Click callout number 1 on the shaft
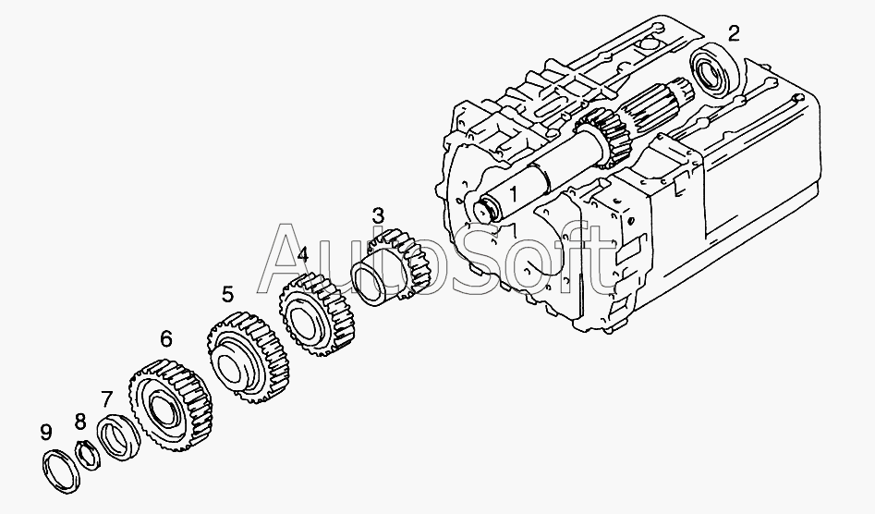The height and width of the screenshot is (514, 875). pyautogui.click(x=513, y=193)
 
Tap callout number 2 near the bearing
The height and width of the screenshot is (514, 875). pyautogui.click(x=734, y=33)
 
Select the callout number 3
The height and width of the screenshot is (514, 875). pyautogui.click(x=378, y=215)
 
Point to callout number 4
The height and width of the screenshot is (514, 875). pyautogui.click(x=302, y=255)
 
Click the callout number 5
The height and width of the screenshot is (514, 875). pyautogui.click(x=227, y=294)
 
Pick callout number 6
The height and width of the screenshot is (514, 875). pyautogui.click(x=165, y=338)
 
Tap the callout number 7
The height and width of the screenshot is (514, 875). pyautogui.click(x=106, y=399)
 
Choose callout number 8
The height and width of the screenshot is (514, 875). pyautogui.click(x=80, y=422)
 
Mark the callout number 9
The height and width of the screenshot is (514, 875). pyautogui.click(x=46, y=432)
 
